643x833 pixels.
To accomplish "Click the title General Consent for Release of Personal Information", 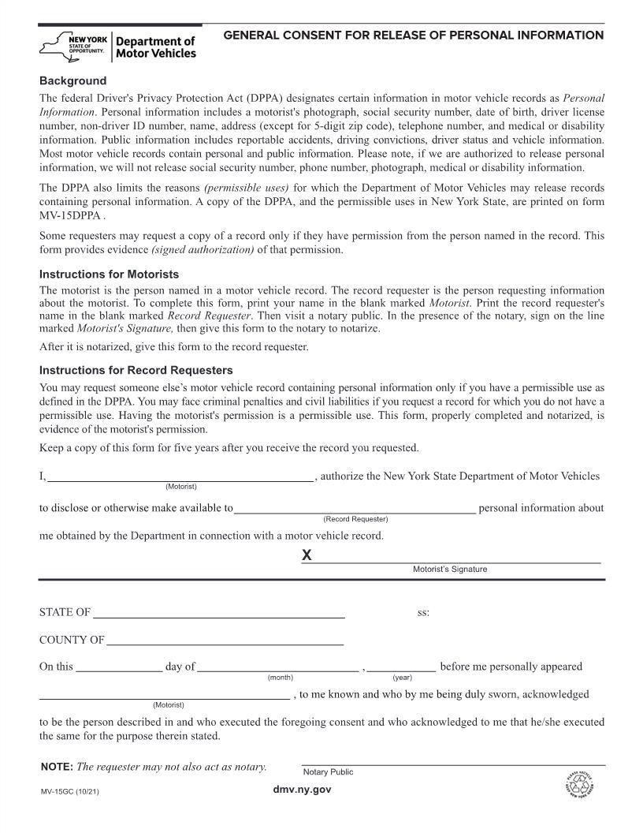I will coord(414,35).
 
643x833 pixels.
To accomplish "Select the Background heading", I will coord(72,81).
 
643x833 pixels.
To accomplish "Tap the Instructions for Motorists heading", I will coord(109,275).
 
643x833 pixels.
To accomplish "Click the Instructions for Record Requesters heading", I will coord(136,370).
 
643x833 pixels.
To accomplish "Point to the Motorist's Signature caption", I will coord(450,570).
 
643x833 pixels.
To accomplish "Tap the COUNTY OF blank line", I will coord(225,641).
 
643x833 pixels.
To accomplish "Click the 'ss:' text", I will coord(423,613).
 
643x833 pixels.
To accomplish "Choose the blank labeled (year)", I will coord(402,667).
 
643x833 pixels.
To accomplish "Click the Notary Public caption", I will coord(328,772).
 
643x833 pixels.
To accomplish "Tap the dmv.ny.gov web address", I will coord(302,790).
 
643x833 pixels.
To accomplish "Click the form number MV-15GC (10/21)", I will coord(69,791).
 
